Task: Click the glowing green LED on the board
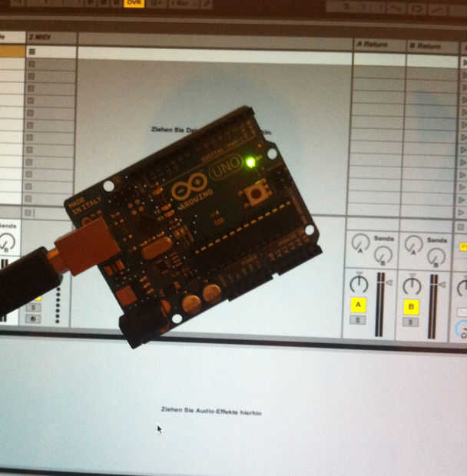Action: click(x=250, y=162)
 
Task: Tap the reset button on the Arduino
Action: click(x=256, y=193)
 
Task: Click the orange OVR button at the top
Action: click(x=134, y=4)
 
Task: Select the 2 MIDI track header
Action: click(x=51, y=38)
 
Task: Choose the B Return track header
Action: click(x=431, y=46)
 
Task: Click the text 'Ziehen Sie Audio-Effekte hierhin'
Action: click(x=211, y=412)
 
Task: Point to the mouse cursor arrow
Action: click(x=160, y=428)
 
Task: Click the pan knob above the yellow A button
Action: click(x=358, y=284)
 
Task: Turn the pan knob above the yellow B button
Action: click(x=412, y=285)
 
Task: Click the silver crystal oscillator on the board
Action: click(x=156, y=248)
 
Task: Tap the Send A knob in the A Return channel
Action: click(x=359, y=243)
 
